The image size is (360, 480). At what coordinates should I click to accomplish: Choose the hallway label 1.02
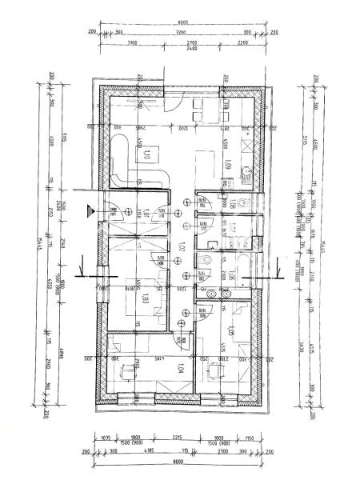click(x=182, y=249)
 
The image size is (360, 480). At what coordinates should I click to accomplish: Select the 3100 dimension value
click(x=132, y=42)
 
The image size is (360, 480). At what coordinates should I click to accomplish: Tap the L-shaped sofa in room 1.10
click(x=124, y=164)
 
